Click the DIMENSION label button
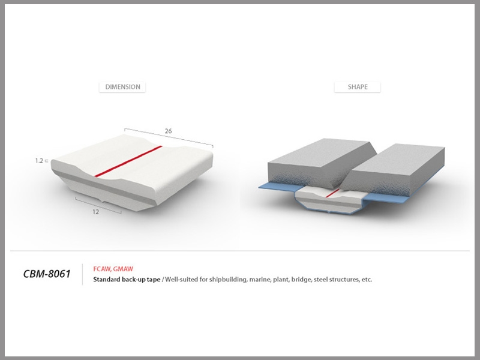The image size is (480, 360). [122, 87]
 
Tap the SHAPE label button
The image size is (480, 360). [358, 87]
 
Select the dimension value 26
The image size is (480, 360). [168, 131]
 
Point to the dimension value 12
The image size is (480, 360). [95, 212]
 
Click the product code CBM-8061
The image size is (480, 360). [47, 274]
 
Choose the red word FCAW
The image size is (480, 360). [102, 269]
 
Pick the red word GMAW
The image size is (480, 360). [123, 269]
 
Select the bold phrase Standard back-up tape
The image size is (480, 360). [127, 280]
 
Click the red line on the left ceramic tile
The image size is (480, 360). [128, 161]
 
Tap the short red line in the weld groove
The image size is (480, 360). [332, 193]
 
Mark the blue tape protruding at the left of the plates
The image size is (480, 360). [277, 187]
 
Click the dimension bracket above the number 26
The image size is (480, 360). [169, 138]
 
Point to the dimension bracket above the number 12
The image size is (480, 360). [98, 205]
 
